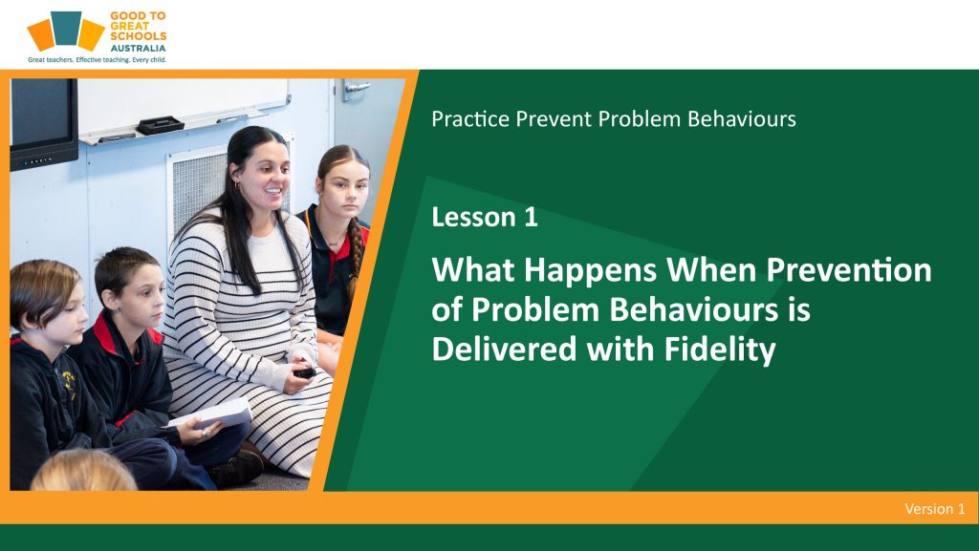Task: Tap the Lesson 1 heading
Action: coord(485,218)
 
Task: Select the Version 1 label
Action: coord(935,509)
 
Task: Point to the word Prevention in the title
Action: coord(849,270)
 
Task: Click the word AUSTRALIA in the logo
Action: coord(138,48)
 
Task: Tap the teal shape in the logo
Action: coord(66,28)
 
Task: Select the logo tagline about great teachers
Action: coord(98,60)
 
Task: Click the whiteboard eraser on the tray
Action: coord(161,125)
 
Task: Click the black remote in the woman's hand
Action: coord(304,372)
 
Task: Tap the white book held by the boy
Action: coord(211,413)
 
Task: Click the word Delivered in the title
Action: coord(505,349)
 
